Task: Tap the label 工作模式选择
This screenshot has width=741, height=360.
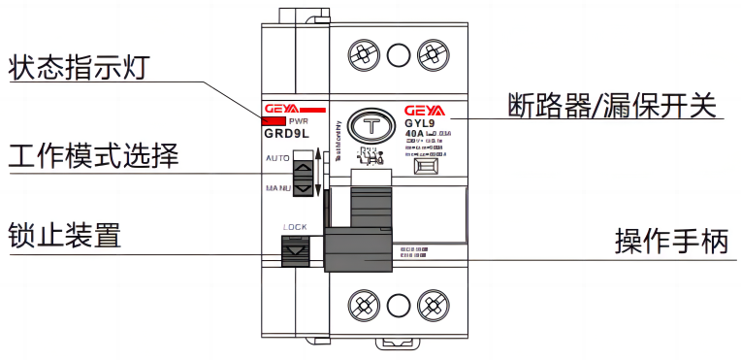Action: tap(93, 155)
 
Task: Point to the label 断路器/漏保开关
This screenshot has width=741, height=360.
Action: tap(616, 104)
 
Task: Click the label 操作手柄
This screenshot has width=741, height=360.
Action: tap(670, 240)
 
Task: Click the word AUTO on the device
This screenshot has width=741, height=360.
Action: tap(276, 155)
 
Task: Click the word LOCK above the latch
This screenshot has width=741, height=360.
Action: tap(296, 228)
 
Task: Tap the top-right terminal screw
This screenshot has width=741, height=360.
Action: tap(428, 52)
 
